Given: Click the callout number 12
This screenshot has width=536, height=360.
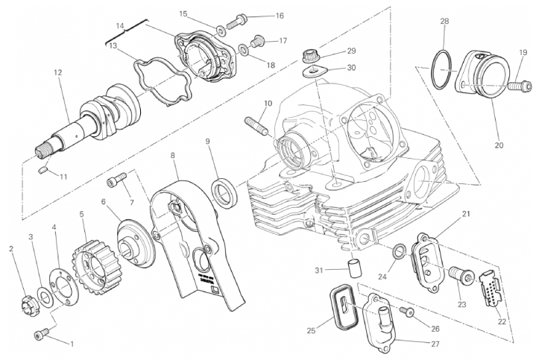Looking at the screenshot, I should (x=57, y=72).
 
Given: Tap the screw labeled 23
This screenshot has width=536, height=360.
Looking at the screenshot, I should (x=457, y=277).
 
